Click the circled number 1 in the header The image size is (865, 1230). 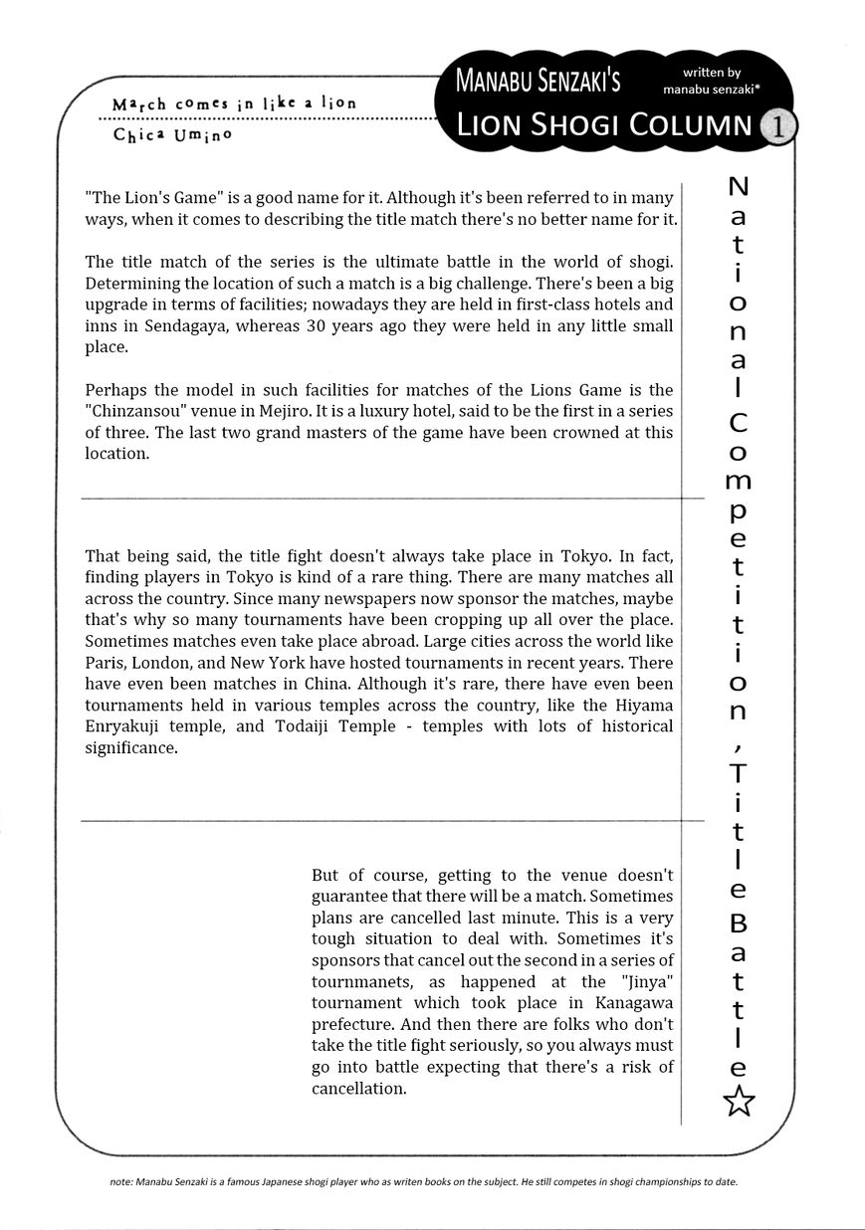coord(776,126)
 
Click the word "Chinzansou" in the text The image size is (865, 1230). coord(135,411)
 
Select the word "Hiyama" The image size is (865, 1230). coord(641,705)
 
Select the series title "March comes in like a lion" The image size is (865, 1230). coord(234,103)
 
